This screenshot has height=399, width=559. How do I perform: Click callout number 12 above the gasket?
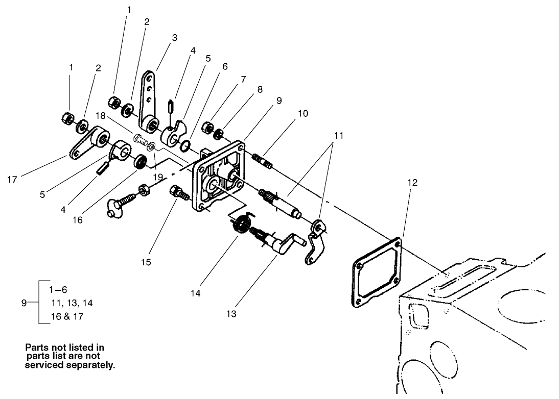tap(412, 182)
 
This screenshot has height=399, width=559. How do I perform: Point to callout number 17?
tap(13, 179)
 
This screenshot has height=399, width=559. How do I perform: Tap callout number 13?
tap(231, 314)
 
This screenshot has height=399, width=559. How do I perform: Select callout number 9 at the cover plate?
tap(279, 101)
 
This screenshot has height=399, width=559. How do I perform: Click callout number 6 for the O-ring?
tap(225, 66)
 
